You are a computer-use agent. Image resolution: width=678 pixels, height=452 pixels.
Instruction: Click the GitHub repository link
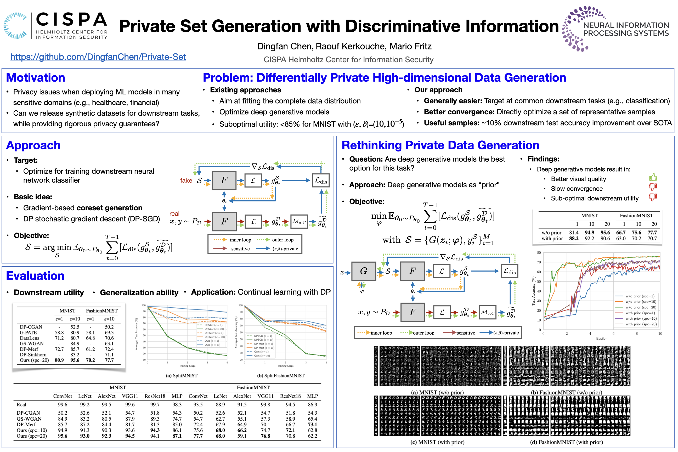[x=98, y=57]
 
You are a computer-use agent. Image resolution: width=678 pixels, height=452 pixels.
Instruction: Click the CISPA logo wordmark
[x=71, y=20]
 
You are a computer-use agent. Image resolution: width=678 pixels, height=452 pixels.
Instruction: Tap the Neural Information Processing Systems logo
[x=615, y=29]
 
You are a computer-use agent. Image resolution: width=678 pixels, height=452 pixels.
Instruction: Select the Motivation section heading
[x=36, y=77]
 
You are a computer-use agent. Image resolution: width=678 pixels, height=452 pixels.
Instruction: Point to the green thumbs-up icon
[x=653, y=177]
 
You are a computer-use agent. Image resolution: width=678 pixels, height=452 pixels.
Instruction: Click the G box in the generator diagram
[x=364, y=271]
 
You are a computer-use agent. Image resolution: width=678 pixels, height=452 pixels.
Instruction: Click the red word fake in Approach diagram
[x=186, y=180]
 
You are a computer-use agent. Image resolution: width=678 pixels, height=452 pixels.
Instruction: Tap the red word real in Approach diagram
[x=174, y=214]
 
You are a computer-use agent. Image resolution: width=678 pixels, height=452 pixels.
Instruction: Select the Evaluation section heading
[x=35, y=276]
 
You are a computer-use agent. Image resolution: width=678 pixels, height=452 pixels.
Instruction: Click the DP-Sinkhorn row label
[x=33, y=355]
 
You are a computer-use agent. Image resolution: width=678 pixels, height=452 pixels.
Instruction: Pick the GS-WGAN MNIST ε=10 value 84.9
[x=75, y=343]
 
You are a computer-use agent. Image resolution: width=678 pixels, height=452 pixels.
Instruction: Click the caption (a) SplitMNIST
[x=182, y=376]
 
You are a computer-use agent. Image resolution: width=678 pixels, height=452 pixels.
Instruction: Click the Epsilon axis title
[x=602, y=338]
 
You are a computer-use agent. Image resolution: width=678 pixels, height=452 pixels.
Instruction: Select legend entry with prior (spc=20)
[x=641, y=324]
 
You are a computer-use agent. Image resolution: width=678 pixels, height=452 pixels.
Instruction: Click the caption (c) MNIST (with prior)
[x=437, y=442]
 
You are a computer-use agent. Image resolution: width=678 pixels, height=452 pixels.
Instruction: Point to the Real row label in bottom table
[x=21, y=404]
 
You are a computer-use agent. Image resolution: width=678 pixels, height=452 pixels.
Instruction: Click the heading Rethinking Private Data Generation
[x=440, y=145]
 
